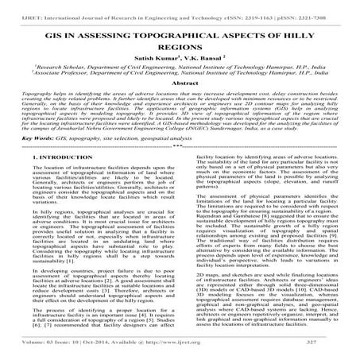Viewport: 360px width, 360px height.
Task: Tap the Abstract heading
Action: click(180, 82)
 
